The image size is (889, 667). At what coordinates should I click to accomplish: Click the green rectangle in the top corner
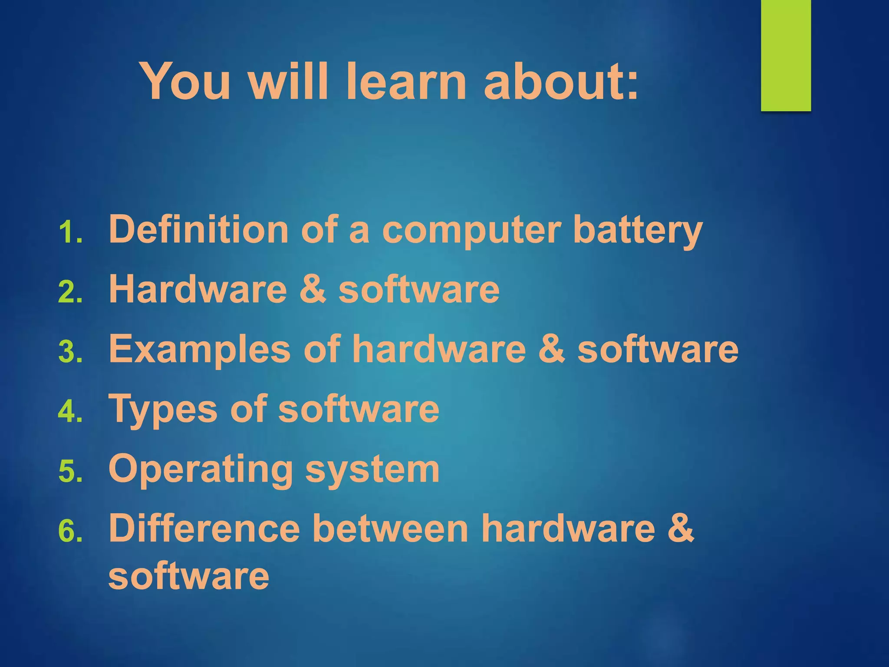(786, 55)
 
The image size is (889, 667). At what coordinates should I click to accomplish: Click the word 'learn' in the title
(406, 81)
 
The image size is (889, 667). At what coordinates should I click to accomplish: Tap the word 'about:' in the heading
(561, 81)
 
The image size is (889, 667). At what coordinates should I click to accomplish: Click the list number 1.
(69, 233)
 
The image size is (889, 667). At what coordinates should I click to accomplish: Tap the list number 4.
(69, 411)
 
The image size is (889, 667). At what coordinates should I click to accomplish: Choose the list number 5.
(69, 471)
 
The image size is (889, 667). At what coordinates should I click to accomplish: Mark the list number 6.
(69, 531)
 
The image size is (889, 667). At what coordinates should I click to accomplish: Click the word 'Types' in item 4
(163, 409)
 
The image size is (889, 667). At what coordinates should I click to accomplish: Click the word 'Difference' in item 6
(204, 528)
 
